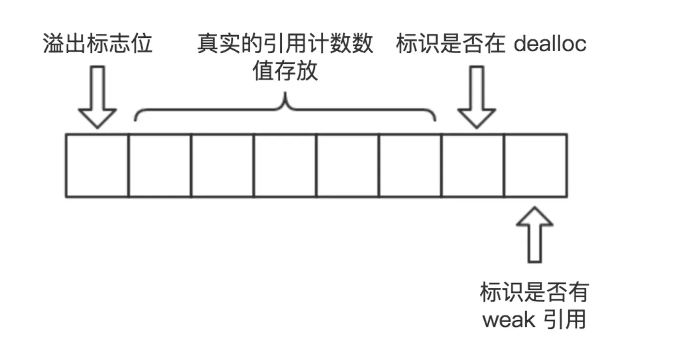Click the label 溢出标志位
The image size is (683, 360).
coord(98,44)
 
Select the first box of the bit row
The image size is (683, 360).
coord(97,165)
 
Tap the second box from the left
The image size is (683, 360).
coord(160,165)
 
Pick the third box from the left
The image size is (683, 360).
coord(223,165)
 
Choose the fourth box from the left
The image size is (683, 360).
coord(285,165)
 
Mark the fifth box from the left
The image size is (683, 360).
coord(348,165)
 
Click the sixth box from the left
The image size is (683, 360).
coord(411,165)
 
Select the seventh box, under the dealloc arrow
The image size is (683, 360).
coord(473,165)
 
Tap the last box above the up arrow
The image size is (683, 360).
coord(536,165)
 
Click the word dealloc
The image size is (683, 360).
coord(550,44)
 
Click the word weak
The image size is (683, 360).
coord(509,320)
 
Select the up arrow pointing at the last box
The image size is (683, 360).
coord(534,234)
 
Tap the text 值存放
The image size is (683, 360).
coord(285,72)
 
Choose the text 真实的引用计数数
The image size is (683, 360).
coord(285,44)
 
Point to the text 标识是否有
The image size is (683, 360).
coord(534,292)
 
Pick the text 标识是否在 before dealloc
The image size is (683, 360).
coord(451,44)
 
